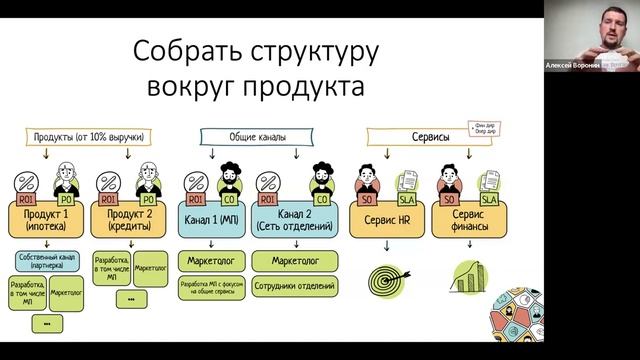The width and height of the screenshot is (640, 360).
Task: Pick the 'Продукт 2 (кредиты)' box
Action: pyautogui.click(x=131, y=219)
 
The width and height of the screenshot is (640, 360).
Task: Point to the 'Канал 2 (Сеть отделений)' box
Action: pyautogui.click(x=295, y=219)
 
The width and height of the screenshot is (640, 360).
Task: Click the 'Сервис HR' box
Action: pyautogui.click(x=385, y=219)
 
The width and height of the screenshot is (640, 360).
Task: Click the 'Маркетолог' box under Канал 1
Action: pyautogui.click(x=213, y=262)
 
